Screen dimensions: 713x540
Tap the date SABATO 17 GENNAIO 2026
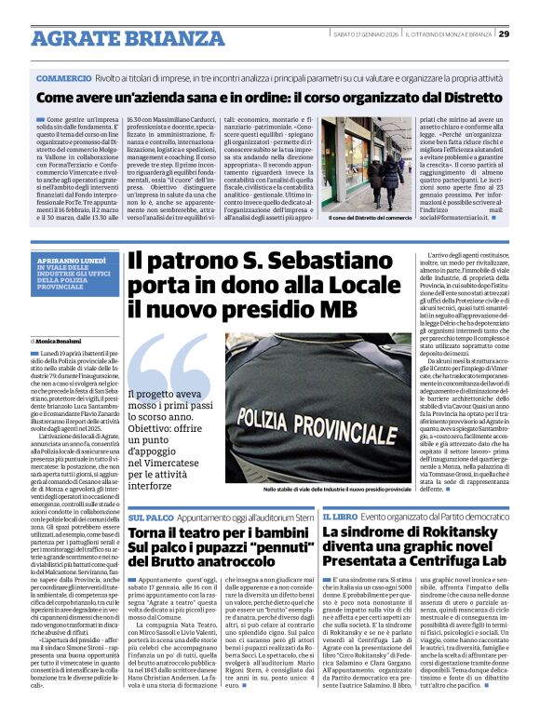(x=367, y=35)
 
